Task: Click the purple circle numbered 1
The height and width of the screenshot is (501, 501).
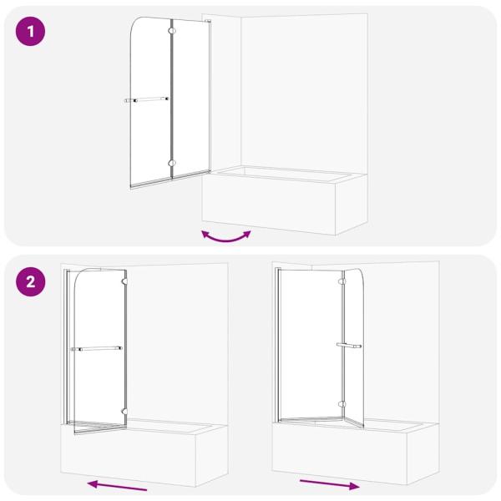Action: tap(30, 32)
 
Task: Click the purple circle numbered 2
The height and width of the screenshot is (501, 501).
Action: tap(30, 282)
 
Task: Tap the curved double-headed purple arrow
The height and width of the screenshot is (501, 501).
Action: tap(226, 238)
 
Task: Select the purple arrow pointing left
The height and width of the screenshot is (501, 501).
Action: tap(117, 485)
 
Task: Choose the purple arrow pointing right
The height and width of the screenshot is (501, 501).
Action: tap(330, 484)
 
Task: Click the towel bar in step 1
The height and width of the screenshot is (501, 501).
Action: tap(146, 99)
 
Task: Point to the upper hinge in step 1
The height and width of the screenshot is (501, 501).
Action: tap(172, 31)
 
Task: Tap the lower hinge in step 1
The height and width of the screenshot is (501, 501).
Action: tap(172, 164)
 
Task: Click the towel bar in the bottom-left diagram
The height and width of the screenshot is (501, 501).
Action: tap(97, 348)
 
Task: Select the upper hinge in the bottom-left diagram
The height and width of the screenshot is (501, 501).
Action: tap(124, 281)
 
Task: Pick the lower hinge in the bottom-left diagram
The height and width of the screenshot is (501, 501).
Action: tap(124, 412)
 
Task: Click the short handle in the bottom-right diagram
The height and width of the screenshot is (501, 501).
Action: tap(348, 346)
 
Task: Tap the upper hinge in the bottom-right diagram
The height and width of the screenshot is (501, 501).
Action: tap(342, 281)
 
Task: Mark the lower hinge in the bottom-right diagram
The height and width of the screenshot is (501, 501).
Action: tap(342, 404)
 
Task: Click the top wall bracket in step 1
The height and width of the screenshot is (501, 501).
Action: tap(208, 21)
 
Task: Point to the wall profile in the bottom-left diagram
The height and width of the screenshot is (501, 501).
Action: tap(67, 347)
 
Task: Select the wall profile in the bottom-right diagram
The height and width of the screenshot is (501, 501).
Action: tap(278, 345)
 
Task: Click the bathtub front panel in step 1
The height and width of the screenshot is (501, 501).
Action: tap(268, 205)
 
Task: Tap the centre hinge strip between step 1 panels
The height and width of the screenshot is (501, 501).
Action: tap(172, 99)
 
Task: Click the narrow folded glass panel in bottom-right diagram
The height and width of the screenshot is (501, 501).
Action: tap(354, 348)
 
